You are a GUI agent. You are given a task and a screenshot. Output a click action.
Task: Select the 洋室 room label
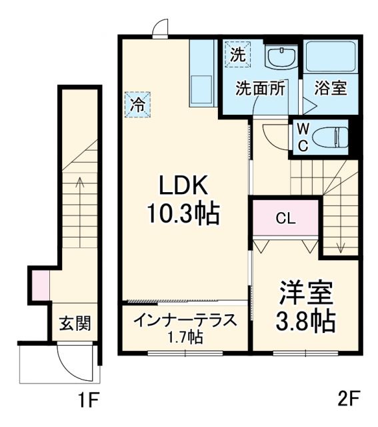[306, 294]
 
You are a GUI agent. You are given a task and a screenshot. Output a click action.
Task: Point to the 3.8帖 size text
[306, 322]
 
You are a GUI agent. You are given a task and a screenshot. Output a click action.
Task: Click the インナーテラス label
[185, 320]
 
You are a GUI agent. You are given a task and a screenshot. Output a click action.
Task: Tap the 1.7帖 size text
[185, 337]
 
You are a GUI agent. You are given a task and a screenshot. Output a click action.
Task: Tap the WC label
[302, 137]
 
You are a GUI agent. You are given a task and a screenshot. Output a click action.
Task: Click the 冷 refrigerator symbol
[137, 104]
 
